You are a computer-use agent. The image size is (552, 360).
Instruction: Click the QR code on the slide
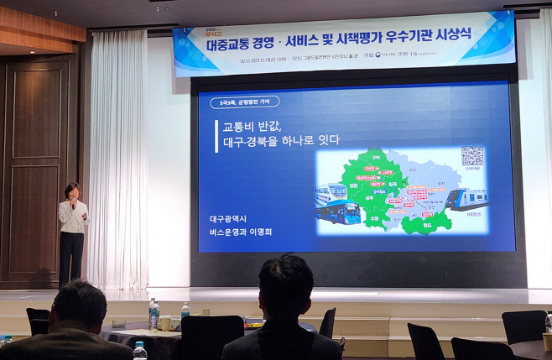pos(472,156)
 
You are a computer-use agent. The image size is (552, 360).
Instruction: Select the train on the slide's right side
pos(466,199)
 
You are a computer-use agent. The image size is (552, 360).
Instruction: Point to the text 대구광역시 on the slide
pos(229,218)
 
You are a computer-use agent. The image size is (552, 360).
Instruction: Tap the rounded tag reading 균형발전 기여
pos(243,102)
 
